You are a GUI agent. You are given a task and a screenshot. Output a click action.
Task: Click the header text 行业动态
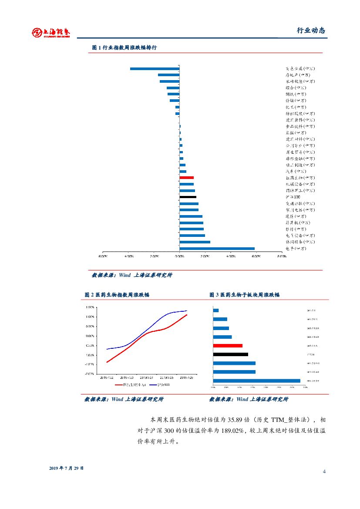[x=311, y=30]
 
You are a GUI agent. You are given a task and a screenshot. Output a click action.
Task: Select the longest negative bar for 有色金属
[x=155, y=68]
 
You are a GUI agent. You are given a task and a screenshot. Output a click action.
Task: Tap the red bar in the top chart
[x=186, y=178]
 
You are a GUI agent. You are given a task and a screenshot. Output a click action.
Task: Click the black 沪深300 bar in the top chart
[x=188, y=197]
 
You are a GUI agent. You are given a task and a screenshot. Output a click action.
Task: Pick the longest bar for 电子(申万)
[x=217, y=249]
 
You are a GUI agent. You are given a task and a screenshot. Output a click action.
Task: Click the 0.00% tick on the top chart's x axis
[x=179, y=256]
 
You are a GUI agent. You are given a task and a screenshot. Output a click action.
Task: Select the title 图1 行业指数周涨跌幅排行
[x=124, y=47]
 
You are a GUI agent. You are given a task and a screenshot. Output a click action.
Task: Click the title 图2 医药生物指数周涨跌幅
[x=117, y=295]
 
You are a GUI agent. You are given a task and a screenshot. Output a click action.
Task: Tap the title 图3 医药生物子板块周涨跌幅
[x=244, y=295]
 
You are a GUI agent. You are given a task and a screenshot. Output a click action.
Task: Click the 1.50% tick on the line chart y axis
[x=91, y=307]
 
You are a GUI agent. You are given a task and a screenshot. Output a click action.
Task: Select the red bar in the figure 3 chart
[x=228, y=345]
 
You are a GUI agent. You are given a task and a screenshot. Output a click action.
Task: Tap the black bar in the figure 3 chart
[x=230, y=354]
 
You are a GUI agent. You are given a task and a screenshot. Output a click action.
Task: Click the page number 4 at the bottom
[x=324, y=472]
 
